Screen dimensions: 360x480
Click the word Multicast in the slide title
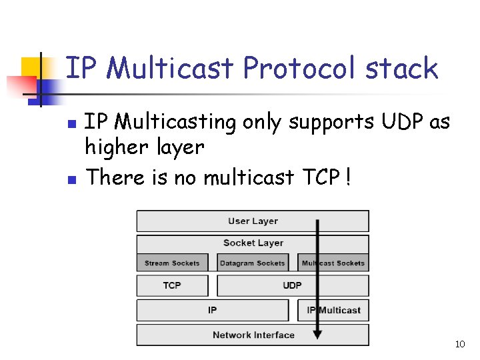[x=169, y=68]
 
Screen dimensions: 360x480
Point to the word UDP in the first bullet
[x=403, y=122]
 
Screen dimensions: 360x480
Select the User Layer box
[x=253, y=221]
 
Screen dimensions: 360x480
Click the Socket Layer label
[x=253, y=243]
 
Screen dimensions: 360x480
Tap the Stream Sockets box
[x=172, y=263]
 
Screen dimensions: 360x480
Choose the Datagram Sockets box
[x=252, y=263]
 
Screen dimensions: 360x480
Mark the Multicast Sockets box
[x=333, y=263]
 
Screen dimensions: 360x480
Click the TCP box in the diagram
[x=172, y=285]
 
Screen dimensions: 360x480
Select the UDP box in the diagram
[x=292, y=285]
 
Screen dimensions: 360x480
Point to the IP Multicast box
[x=333, y=310]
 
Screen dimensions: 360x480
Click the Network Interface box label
[x=253, y=335]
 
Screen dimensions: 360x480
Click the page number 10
[x=459, y=345]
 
